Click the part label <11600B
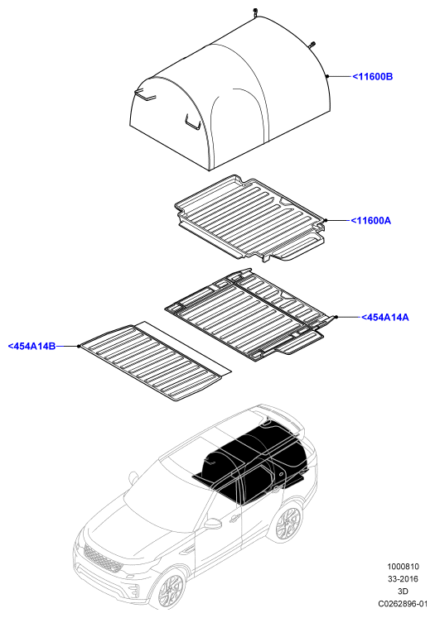coord(372,76)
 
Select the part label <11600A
coord(370,220)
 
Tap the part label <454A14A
coord(384,317)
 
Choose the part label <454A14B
coord(31,346)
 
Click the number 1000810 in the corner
coord(403,567)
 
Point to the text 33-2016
coord(403,578)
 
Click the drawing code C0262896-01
coord(403,603)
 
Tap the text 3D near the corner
coord(403,591)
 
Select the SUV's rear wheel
coord(288,523)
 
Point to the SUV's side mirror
coord(212,523)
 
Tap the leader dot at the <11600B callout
coord(327,76)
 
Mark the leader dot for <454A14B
coord(79,346)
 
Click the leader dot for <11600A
coord(326,220)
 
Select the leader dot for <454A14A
coord(336,317)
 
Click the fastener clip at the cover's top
coord(256,12)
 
